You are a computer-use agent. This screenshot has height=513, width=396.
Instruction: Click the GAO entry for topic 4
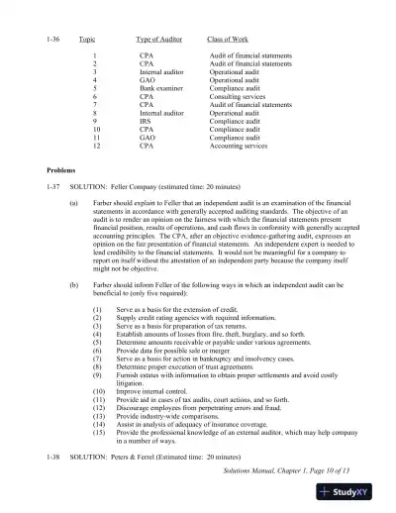(147, 79)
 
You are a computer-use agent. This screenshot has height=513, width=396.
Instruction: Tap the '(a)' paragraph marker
(74, 203)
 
